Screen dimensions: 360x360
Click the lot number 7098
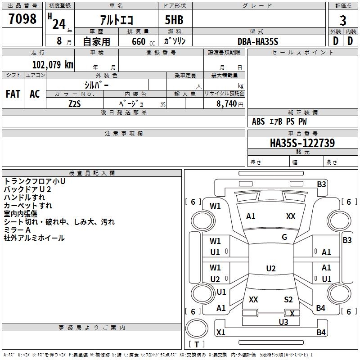(22, 19)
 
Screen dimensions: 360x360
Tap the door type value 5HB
(174, 20)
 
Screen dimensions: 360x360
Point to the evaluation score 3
(343, 20)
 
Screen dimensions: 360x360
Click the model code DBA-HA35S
(258, 41)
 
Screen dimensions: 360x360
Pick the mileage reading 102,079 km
(53, 64)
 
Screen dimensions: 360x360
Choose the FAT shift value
(13, 94)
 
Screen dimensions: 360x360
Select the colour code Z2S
(74, 103)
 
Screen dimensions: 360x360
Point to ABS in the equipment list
(258, 121)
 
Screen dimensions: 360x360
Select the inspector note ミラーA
(17, 230)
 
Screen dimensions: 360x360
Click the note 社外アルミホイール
(34, 238)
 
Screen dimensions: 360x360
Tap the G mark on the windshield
(284, 237)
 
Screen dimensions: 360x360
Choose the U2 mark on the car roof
(270, 269)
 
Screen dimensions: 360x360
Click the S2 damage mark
(288, 300)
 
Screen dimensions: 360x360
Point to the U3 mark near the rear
(283, 322)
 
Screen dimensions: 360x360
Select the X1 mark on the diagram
(220, 333)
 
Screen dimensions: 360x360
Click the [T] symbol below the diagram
(197, 344)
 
